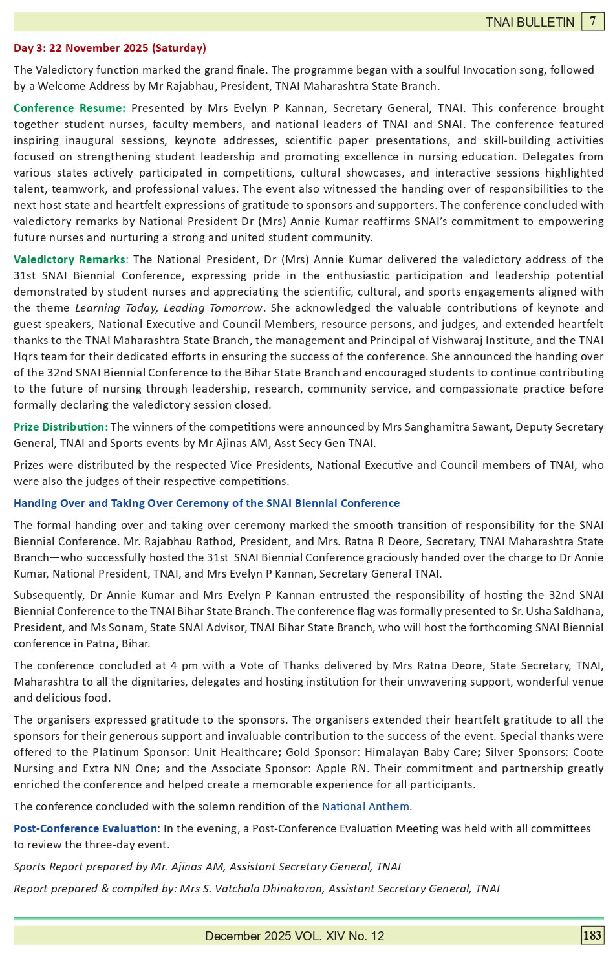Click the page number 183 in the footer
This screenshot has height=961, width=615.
coord(592,935)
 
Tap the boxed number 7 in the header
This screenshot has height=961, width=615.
coord(592,21)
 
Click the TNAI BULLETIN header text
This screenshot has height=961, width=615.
coord(530,22)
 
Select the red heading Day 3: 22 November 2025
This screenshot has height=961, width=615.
coord(110,48)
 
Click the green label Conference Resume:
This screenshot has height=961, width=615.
coord(69,108)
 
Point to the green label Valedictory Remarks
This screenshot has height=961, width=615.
coord(69,259)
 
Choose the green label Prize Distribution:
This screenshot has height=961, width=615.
coord(61,427)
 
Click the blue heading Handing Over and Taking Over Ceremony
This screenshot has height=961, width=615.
coord(206,503)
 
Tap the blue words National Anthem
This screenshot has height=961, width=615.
coord(365,806)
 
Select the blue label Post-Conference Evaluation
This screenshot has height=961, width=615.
coord(85,828)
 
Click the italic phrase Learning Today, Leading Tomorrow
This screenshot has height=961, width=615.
coord(169,308)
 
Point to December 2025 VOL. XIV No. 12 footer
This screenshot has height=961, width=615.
coord(294,936)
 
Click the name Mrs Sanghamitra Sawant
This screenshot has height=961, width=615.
coord(445,427)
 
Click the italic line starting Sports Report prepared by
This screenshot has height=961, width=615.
coord(207,867)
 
